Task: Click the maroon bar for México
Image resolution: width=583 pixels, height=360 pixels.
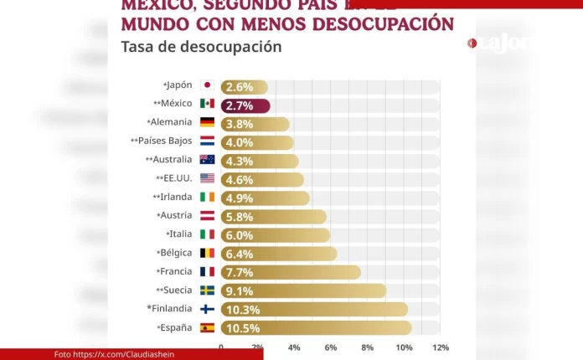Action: pyautogui.click(x=245, y=105)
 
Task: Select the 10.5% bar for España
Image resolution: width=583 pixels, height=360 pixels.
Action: pyautogui.click(x=316, y=328)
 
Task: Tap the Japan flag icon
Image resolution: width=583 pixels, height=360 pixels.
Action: pyautogui.click(x=207, y=85)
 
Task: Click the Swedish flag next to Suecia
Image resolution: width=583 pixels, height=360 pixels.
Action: pyautogui.click(x=207, y=291)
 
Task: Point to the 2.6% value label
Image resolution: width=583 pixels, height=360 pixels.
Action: pyautogui.click(x=238, y=87)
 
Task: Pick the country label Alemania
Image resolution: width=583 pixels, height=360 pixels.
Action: pyautogui.click(x=171, y=122)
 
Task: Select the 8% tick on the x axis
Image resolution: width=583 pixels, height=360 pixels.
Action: pyautogui.click(x=367, y=347)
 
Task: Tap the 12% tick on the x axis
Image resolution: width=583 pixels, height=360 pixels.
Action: pyautogui.click(x=441, y=347)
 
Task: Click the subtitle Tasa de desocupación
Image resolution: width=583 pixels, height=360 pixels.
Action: pyautogui.click(x=201, y=47)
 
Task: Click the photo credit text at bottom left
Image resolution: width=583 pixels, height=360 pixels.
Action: pyautogui.click(x=115, y=354)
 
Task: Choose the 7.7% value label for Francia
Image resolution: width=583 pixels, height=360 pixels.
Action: pyautogui.click(x=238, y=272)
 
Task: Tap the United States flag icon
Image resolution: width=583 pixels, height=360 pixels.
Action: pyautogui.click(x=207, y=178)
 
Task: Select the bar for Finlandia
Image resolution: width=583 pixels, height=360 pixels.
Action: pyautogui.click(x=314, y=310)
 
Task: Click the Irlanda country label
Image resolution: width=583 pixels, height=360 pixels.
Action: pyautogui.click(x=173, y=197)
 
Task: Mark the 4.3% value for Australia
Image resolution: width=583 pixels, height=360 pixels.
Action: pyautogui.click(x=238, y=161)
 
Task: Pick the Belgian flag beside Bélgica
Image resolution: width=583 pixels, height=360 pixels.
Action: pyautogui.click(x=207, y=253)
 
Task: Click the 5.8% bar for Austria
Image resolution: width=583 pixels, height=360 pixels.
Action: pyautogui.click(x=273, y=217)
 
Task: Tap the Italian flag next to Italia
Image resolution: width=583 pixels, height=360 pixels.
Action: pyautogui.click(x=207, y=234)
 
